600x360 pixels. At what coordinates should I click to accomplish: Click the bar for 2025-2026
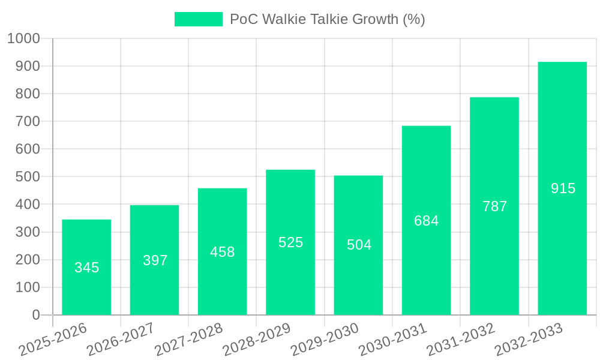[86, 267]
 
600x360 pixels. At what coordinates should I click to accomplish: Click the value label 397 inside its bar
[155, 260]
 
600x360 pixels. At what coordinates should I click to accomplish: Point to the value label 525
[290, 242]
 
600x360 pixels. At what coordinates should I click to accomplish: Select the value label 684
[426, 221]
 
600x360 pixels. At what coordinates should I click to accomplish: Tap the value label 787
[494, 206]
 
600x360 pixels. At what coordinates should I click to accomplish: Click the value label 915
[563, 188]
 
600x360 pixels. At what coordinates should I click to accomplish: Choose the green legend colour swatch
[198, 19]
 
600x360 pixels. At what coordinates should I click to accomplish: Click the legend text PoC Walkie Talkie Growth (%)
[327, 19]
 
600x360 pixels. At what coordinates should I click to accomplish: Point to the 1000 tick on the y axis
[23, 38]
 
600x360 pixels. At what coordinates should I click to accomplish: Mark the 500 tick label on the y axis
[28, 177]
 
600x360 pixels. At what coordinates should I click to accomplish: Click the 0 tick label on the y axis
[36, 315]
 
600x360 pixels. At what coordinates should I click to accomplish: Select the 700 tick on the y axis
[28, 121]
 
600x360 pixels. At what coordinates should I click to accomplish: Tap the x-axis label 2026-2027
[121, 340]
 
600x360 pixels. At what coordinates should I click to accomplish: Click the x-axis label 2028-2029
[257, 340]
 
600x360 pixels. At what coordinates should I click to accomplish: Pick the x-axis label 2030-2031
[393, 340]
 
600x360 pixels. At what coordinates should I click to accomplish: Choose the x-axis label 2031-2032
[461, 340]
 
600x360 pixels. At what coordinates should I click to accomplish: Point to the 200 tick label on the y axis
[28, 260]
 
